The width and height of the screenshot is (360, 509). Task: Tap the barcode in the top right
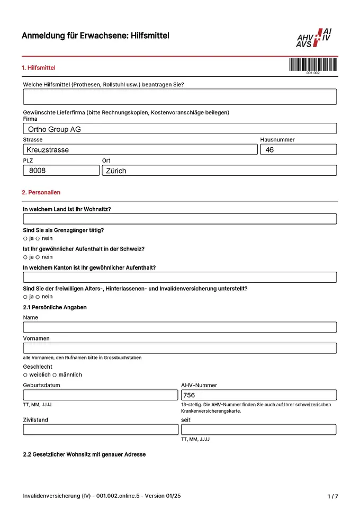pos(313,65)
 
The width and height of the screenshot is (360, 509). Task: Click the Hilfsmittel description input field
pos(179,96)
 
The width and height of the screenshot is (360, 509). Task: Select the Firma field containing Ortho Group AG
pos(179,129)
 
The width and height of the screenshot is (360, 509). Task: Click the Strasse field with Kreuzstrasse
pos(140,150)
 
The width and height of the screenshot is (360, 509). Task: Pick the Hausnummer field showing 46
pos(298,150)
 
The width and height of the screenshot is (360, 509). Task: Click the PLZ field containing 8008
pos(61,171)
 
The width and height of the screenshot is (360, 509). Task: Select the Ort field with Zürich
pos(219,171)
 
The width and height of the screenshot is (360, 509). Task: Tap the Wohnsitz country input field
pos(179,219)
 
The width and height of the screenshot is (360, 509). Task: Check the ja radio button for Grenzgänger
pos(25,238)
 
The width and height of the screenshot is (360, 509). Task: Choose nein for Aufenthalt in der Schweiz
pos(38,257)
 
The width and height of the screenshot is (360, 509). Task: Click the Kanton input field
pos(179,277)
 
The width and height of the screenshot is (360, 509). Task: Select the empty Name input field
pos(179,327)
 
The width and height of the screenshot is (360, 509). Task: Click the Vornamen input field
pos(179,348)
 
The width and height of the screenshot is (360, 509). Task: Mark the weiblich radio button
pos(25,375)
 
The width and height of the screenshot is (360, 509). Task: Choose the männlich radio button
pos(55,375)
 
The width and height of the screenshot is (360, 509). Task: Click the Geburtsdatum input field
pos(101,395)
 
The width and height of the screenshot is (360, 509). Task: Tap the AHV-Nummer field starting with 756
pos(258,395)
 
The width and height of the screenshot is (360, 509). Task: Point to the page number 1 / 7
pos(332,496)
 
